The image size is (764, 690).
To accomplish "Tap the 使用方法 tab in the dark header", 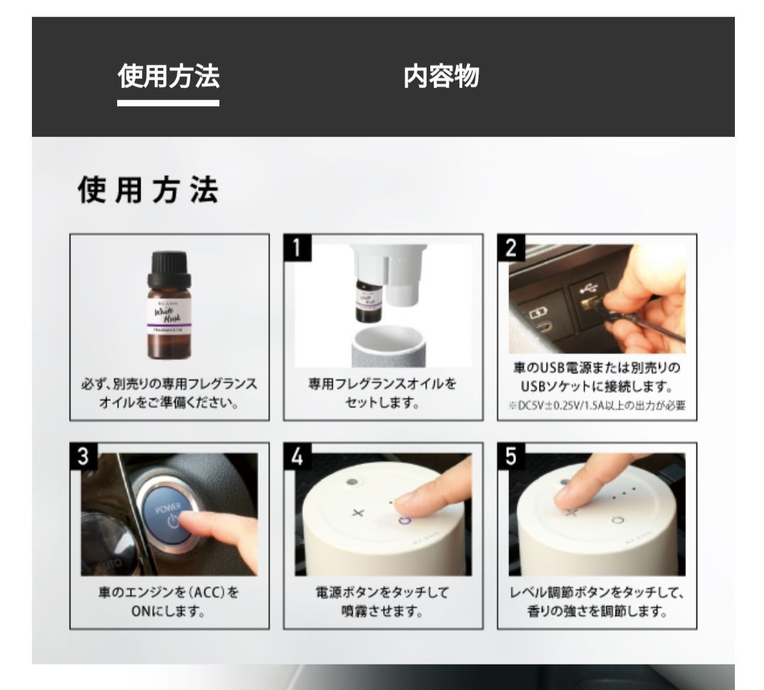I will [x=168, y=76].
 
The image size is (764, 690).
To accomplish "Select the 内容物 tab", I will [x=441, y=76].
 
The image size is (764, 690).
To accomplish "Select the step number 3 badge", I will [x=83, y=456].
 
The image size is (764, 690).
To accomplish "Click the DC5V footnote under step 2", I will [x=596, y=406].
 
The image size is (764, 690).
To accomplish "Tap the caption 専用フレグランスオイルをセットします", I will [x=382, y=393].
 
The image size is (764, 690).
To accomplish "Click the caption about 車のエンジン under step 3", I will [x=169, y=601].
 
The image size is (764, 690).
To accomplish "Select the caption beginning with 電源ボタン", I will [x=382, y=601].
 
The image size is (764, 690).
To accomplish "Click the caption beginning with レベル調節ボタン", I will [x=596, y=601].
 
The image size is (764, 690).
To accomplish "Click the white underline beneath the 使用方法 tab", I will [x=168, y=103].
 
